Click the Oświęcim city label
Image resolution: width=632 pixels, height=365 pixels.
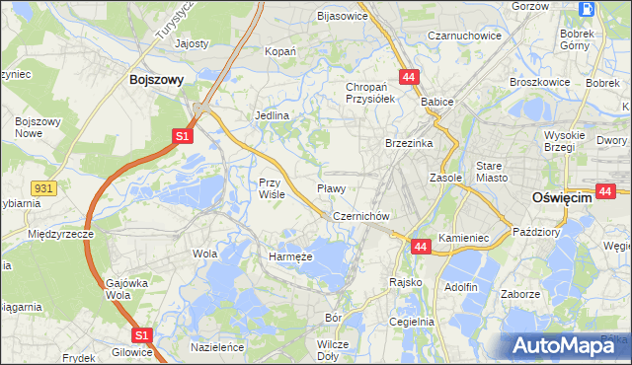click(x=561, y=197)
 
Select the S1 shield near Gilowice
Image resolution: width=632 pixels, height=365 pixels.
click(x=142, y=335)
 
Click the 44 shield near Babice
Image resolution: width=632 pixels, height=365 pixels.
click(x=408, y=76)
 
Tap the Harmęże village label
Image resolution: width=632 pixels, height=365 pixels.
click(x=290, y=256)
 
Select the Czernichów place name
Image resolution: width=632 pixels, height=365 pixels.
click(x=363, y=216)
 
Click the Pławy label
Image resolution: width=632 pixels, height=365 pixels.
click(x=330, y=188)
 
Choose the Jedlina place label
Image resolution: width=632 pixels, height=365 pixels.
click(x=272, y=115)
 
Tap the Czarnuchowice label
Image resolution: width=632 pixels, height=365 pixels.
click(x=464, y=36)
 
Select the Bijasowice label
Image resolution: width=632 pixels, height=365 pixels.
click(x=342, y=16)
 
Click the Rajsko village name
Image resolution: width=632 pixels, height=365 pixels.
click(x=406, y=282)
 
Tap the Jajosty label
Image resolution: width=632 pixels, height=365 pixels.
click(x=192, y=43)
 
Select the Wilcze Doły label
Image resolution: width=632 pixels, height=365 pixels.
click(x=334, y=349)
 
